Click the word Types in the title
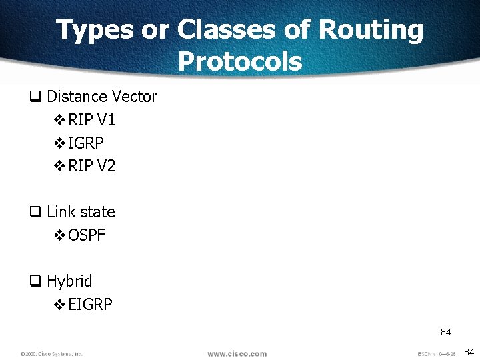(95, 31)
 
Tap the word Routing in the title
(371, 31)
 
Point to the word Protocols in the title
(240, 62)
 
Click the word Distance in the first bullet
(75, 97)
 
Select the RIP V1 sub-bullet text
(92, 120)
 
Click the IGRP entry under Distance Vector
(86, 143)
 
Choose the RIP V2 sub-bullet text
(92, 166)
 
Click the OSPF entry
(87, 235)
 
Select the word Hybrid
(69, 281)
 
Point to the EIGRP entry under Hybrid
(91, 305)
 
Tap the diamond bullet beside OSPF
(59, 235)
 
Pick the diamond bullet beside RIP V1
(59, 120)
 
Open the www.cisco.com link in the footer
(237, 353)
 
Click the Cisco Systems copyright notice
(51, 354)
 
